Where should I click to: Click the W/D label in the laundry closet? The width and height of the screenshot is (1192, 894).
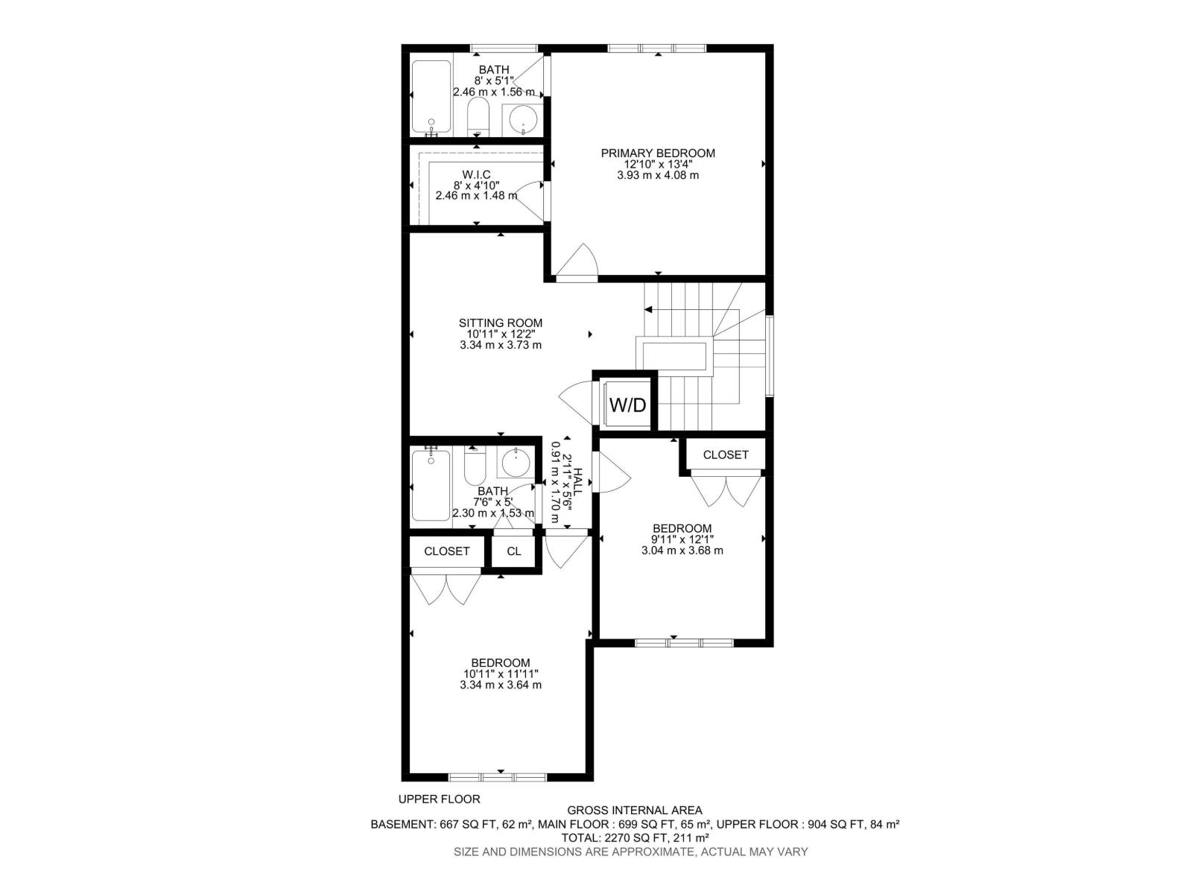(x=628, y=405)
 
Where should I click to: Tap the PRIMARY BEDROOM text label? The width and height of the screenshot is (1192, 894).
(x=658, y=153)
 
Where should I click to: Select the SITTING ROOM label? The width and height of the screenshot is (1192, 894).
(x=501, y=323)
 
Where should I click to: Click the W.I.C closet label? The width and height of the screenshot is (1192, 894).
(x=476, y=174)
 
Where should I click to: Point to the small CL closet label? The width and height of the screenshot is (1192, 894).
(x=514, y=551)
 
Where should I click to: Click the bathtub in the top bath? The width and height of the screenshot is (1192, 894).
(x=432, y=97)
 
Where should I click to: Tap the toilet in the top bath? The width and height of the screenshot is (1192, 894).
(x=478, y=119)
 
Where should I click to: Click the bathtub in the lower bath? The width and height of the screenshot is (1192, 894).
(x=431, y=484)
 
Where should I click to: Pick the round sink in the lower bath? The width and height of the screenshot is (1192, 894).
(x=515, y=463)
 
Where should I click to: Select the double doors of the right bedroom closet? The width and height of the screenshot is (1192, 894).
(x=726, y=490)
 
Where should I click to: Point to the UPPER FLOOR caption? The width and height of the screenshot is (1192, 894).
(x=439, y=799)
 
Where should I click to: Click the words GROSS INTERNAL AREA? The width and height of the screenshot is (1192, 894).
(x=635, y=811)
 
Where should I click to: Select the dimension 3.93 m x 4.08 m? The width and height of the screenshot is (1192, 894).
(x=658, y=176)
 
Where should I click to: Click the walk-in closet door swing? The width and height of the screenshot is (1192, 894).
(x=531, y=197)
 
